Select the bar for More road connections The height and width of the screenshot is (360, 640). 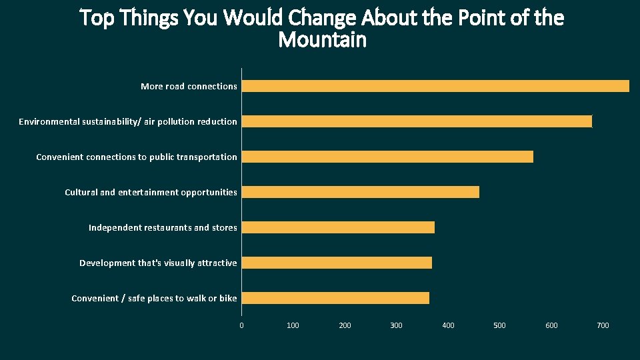click(435, 86)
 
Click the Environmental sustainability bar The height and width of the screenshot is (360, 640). click(417, 121)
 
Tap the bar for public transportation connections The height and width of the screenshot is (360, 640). click(387, 157)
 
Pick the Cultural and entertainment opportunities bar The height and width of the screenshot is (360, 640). click(360, 192)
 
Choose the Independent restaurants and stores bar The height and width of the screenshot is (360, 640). click(338, 227)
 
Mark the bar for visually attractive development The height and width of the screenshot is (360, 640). click(337, 263)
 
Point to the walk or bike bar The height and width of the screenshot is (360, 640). click(335, 298)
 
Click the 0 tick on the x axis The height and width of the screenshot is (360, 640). click(241, 325)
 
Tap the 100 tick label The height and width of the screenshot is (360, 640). click(293, 325)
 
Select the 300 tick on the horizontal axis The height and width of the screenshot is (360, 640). click(396, 325)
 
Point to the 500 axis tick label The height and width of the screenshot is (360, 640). click(499, 325)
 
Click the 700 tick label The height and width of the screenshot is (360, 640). click(603, 325)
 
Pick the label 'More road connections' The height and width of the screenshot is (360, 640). click(189, 86)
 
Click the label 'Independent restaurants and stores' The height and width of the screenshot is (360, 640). click(163, 227)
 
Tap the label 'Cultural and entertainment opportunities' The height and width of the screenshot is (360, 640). click(151, 192)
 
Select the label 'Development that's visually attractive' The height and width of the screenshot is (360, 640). click(158, 263)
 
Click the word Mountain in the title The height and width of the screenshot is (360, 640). click(322, 40)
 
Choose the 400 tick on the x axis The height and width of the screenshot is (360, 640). click(448, 325)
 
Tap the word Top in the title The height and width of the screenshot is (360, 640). click(97, 18)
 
